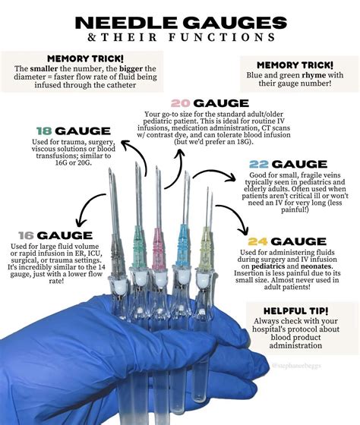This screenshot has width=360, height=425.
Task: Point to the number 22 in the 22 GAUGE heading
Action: [258, 164]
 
